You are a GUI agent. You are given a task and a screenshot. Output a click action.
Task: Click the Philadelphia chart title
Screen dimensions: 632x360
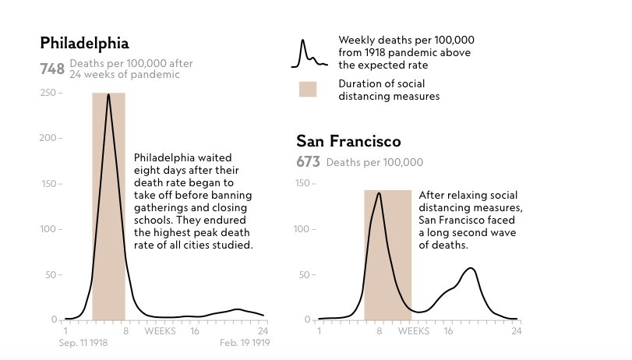pos(85,44)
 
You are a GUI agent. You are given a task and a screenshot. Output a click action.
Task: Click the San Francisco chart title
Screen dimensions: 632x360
pos(348,141)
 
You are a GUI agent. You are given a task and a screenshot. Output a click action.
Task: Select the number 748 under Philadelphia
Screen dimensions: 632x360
pos(52,69)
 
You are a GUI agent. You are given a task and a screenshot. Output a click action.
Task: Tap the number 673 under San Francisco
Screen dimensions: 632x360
pos(308,162)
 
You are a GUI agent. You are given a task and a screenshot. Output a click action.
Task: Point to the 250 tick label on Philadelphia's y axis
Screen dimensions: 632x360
pos(48,93)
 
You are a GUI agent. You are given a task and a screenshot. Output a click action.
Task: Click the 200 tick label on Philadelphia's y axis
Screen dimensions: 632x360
pos(48,138)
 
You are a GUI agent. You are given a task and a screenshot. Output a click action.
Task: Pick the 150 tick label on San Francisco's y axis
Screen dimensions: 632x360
pos(302,183)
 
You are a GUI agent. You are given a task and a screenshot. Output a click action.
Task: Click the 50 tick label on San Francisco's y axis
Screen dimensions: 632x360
pos(304,275)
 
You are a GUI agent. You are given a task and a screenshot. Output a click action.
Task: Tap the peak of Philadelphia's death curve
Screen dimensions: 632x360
pos(108,95)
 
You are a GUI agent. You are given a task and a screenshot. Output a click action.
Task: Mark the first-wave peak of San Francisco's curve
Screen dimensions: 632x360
pos(379,193)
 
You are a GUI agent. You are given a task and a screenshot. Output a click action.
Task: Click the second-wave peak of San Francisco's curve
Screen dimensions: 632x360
pos(471,268)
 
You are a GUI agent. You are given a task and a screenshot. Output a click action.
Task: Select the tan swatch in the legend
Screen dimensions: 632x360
pos(308,90)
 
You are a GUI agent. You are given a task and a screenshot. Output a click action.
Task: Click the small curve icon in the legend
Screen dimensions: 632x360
pos(309,54)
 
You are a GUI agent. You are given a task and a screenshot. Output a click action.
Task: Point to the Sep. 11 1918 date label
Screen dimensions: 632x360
pos(83,343)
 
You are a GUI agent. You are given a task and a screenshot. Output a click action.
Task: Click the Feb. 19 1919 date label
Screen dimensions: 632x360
pos(245,343)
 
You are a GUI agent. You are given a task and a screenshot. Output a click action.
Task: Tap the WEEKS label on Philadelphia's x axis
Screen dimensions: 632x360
pos(160,331)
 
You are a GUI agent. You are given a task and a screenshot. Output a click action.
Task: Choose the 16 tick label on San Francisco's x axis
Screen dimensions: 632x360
pos(448,331)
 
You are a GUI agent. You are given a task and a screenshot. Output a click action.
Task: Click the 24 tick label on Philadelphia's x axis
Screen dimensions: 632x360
pos(263,331)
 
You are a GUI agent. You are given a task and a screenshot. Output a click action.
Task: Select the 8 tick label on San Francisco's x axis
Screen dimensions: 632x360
pos(380,331)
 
